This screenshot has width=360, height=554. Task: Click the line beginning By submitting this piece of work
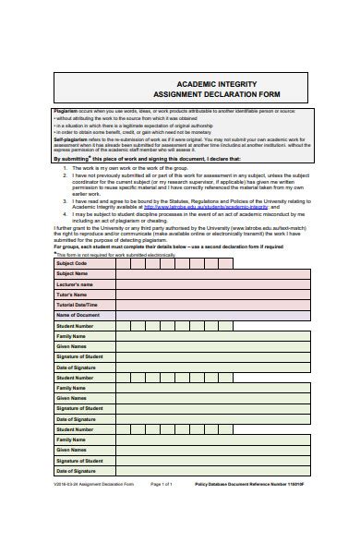pyautogui.click(x=138, y=158)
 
